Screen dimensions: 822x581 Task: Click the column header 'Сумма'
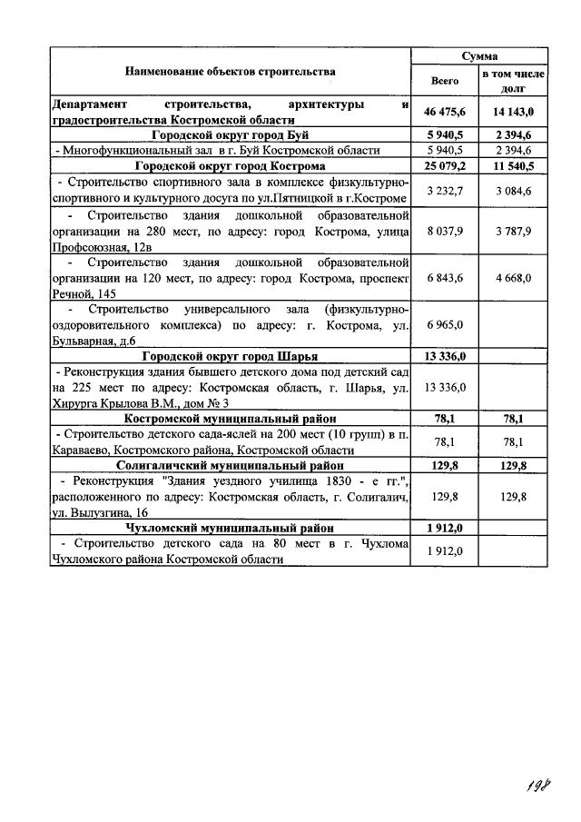click(478, 56)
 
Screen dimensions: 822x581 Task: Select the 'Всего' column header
click(445, 81)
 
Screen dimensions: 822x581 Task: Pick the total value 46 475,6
click(445, 112)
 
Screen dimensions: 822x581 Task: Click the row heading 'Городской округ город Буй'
click(231, 135)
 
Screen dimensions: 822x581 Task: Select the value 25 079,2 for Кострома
click(445, 167)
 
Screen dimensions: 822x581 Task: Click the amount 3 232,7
click(445, 190)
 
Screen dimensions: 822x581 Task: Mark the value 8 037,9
click(445, 232)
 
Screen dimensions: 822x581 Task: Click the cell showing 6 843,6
click(445, 277)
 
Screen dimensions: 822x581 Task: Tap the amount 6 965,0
click(445, 324)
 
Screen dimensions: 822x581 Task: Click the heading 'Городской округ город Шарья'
click(231, 356)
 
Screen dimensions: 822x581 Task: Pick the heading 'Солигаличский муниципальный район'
click(231, 464)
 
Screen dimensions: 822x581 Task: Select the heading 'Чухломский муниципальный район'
click(231, 528)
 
